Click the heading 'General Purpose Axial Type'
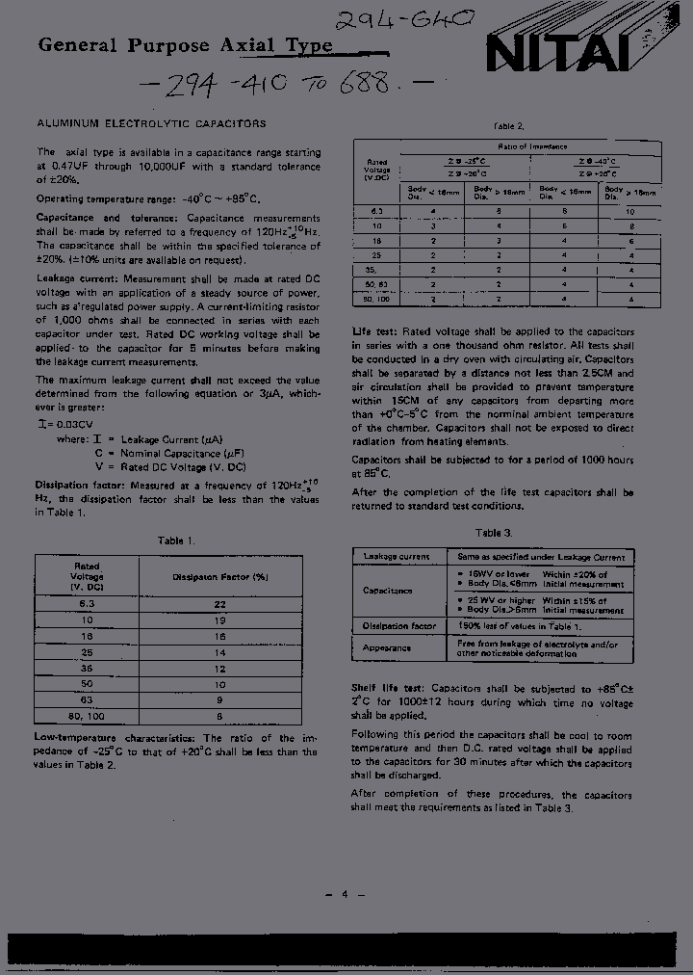(x=185, y=45)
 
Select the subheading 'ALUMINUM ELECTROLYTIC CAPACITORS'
(x=151, y=124)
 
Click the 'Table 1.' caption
(x=176, y=540)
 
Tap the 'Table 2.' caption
(x=509, y=126)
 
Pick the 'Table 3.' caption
(x=494, y=533)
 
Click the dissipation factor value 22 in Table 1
(x=219, y=604)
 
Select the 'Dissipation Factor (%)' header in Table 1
(x=219, y=576)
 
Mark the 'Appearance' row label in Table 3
(x=388, y=647)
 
